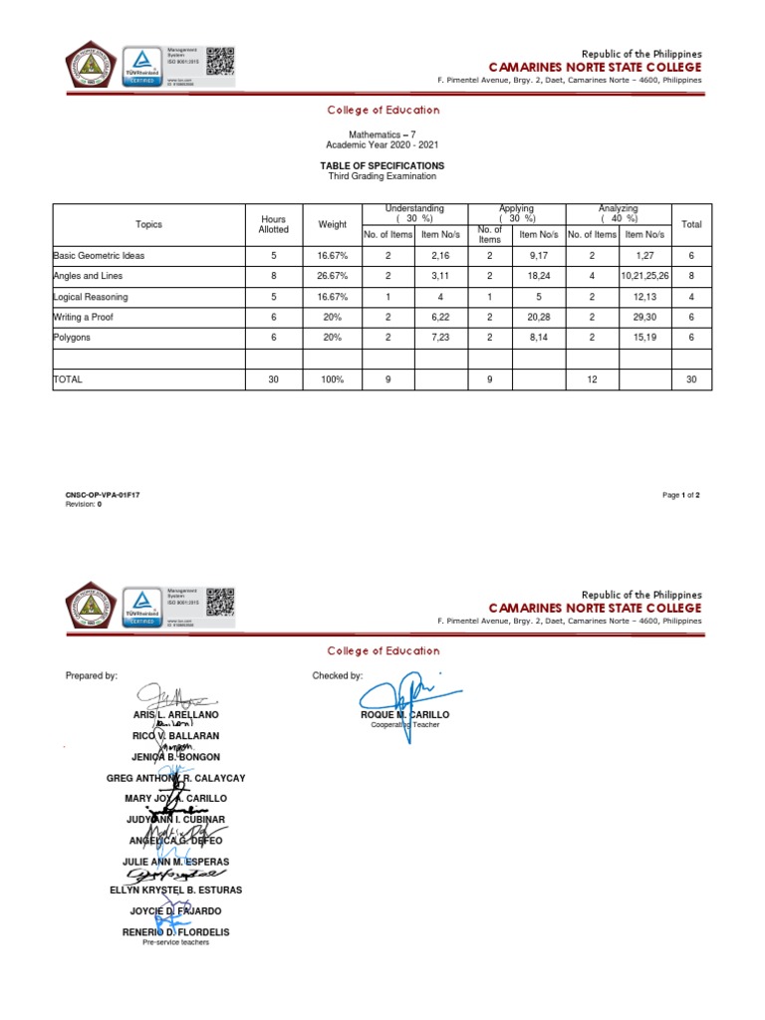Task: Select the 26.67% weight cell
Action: click(x=333, y=276)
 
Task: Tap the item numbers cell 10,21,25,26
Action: click(x=644, y=276)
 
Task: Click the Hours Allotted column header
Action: click(x=274, y=224)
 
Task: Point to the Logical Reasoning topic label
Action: click(x=91, y=297)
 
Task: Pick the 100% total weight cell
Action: click(x=333, y=380)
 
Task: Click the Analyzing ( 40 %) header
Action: click(x=619, y=213)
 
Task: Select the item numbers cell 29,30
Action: click(x=644, y=318)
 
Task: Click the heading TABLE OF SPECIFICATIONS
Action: click(x=382, y=165)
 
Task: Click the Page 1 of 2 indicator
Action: click(x=680, y=495)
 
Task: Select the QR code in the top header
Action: click(x=220, y=61)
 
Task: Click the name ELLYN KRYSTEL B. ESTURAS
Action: click(x=175, y=890)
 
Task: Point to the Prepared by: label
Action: click(x=92, y=675)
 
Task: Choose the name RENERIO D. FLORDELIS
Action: click(x=175, y=931)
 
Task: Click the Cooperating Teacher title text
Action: click(x=404, y=725)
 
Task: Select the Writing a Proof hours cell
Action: click(x=274, y=318)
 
